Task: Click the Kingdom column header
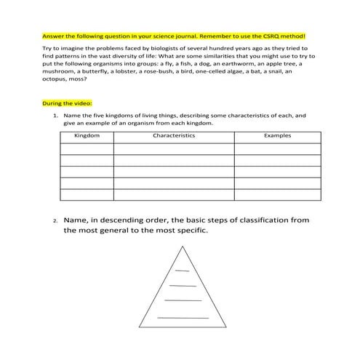tap(87, 136)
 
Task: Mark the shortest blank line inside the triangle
tap(182, 271)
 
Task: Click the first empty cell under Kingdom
tap(87, 149)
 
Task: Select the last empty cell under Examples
tap(279, 194)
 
